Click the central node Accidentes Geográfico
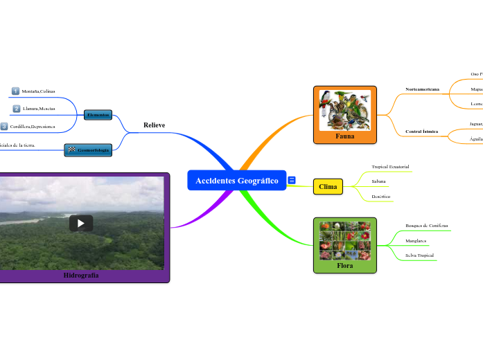point(236,181)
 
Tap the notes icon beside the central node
point(292,181)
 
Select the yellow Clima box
point(328,187)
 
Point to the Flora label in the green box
point(344,265)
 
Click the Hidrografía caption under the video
point(81,276)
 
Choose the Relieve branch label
point(154,125)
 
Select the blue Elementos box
point(98,114)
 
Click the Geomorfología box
point(88,150)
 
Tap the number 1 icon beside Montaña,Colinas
point(15,91)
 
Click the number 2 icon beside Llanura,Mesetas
point(16,109)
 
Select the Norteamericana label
point(422,89)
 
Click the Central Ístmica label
point(421,132)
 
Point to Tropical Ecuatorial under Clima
point(390,167)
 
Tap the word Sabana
point(378,181)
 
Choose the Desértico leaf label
point(381,197)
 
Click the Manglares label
point(416,241)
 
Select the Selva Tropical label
point(419,255)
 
